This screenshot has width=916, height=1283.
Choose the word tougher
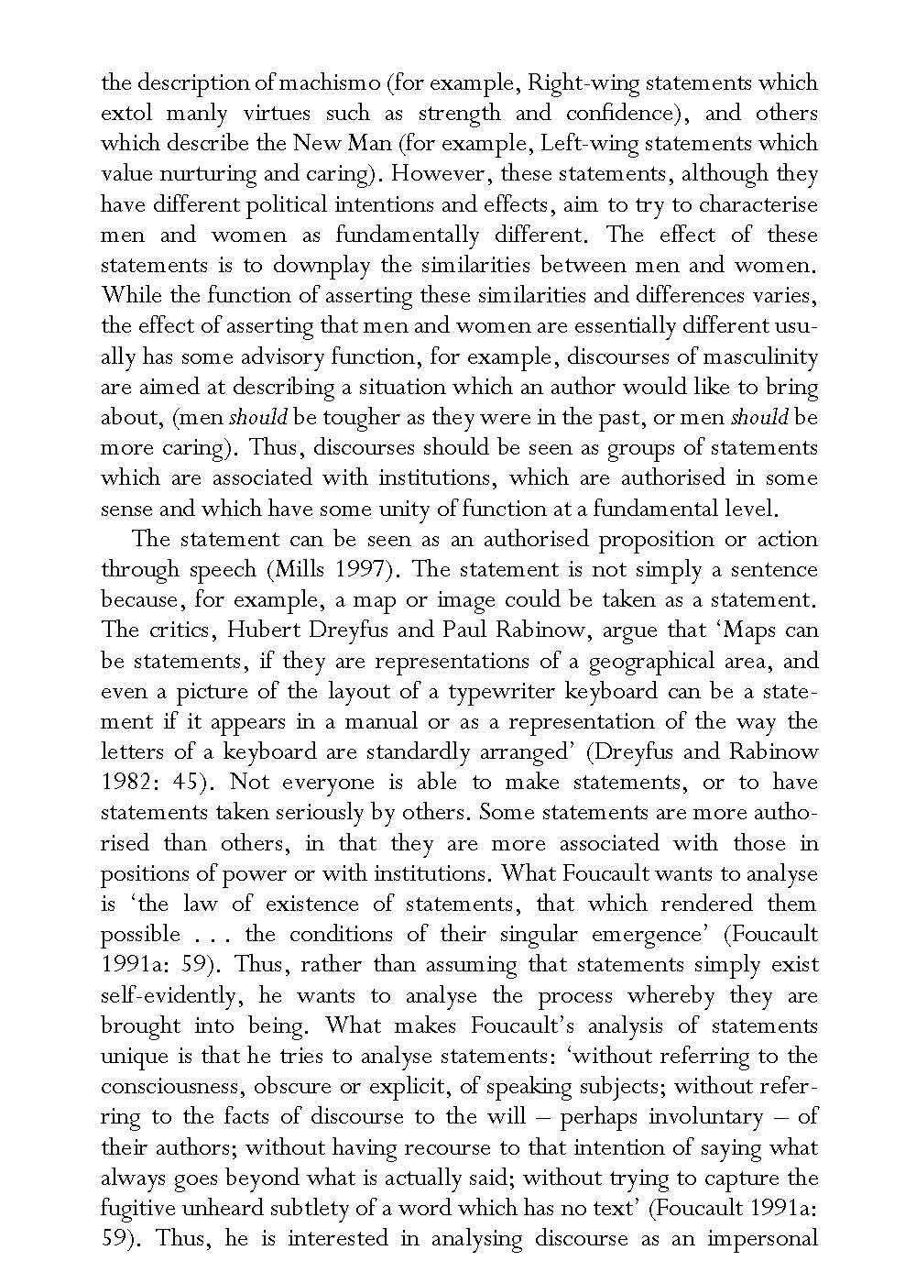(368, 418)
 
